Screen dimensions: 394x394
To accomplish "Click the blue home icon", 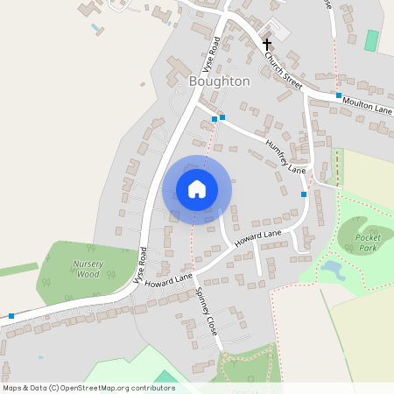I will point(197,189).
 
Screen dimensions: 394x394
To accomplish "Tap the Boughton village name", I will point(219,81).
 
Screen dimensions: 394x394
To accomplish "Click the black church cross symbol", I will point(267,43).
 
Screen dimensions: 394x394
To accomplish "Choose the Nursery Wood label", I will point(87,269).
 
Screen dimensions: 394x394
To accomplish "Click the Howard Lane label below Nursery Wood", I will point(169,281).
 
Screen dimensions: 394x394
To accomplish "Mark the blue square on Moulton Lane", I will point(338,95).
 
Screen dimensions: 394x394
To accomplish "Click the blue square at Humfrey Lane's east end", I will point(304,193).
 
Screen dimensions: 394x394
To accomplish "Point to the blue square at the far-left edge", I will point(11,315).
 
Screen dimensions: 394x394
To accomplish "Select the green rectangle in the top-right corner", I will point(372,40).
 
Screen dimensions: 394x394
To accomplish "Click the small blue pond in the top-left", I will point(95,28).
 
